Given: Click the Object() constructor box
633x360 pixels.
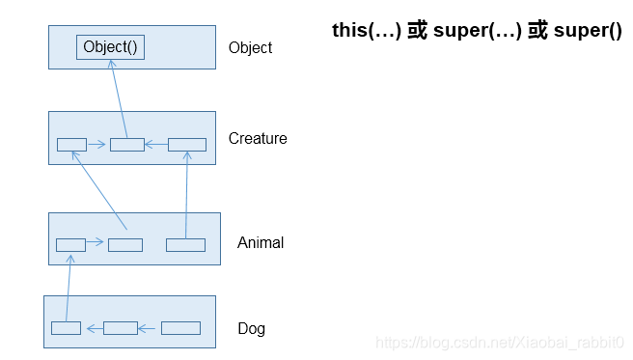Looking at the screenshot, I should (x=111, y=47).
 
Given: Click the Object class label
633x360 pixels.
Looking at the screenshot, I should (x=250, y=48).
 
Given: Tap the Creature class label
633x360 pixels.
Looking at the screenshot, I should (x=258, y=139).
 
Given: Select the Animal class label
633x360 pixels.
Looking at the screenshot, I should (x=261, y=243).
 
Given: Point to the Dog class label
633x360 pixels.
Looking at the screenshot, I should (x=251, y=329).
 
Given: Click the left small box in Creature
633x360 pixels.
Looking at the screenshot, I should (x=71, y=145).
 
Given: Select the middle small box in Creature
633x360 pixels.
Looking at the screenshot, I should (x=126, y=145).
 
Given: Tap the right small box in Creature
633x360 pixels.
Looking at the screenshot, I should (x=187, y=145).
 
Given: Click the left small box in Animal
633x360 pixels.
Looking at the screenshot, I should (x=70, y=245).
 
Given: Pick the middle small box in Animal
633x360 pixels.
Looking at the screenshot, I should (x=125, y=245).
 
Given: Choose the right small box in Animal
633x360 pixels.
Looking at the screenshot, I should (x=185, y=245).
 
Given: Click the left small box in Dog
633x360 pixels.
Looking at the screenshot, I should (x=66, y=328).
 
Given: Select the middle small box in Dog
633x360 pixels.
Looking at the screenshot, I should (x=121, y=328).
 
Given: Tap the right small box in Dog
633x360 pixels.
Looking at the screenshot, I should (x=180, y=328).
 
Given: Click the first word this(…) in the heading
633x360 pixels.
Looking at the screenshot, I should (x=366, y=31).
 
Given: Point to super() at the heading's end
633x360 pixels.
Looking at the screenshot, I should (x=588, y=31).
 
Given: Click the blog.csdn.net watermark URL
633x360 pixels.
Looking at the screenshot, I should (x=499, y=343).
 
